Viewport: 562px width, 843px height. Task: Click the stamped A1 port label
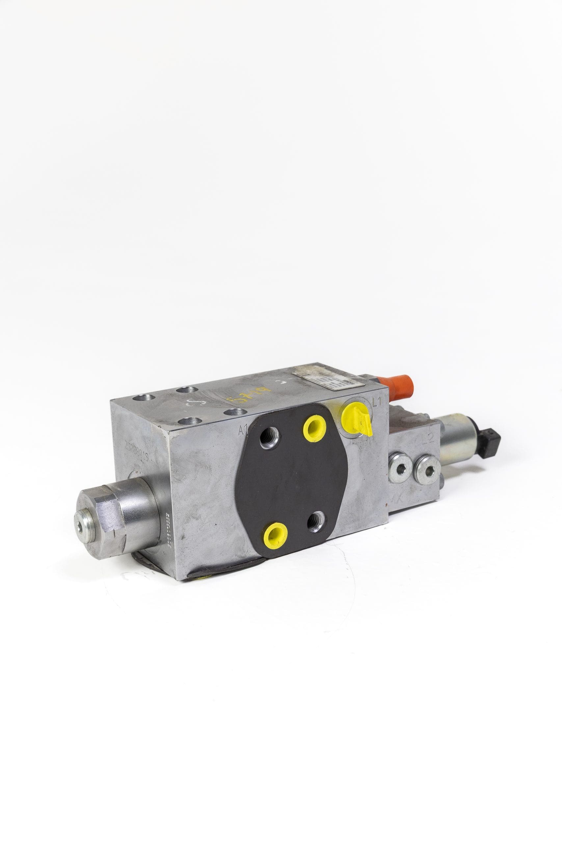(244, 430)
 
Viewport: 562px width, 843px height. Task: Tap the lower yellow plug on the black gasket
(276, 535)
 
